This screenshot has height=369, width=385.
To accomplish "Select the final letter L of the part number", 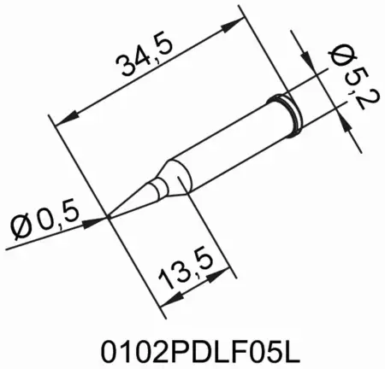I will tap(284, 350).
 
